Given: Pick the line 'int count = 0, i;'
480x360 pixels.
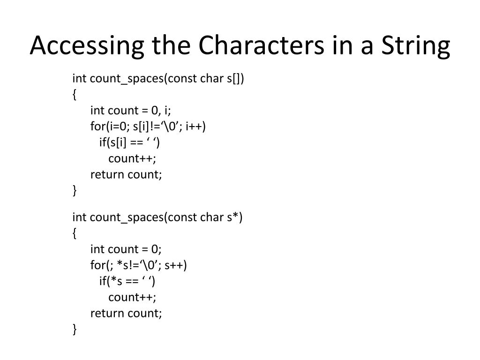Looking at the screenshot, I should (x=131, y=111).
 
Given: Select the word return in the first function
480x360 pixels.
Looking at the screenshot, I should (x=107, y=174).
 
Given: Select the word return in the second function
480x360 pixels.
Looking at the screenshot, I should (x=107, y=314).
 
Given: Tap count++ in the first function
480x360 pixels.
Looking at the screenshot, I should (x=132, y=158).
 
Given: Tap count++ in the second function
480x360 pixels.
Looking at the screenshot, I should (x=132, y=298).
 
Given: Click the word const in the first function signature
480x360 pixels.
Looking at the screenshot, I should (x=182, y=78).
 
